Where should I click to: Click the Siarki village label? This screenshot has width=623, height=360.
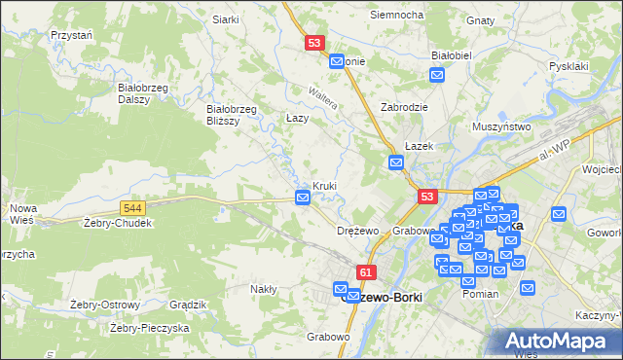pyautogui.click(x=225, y=18)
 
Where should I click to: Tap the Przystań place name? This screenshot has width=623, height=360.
pyautogui.click(x=70, y=34)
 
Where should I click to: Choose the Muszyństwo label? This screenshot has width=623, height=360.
pyautogui.click(x=500, y=126)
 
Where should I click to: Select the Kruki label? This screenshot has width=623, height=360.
pyautogui.click(x=325, y=185)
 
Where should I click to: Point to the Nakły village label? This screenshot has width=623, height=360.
pyautogui.click(x=264, y=289)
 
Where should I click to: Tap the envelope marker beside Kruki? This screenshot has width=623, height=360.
pyautogui.click(x=303, y=198)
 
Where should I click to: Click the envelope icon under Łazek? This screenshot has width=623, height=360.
pyautogui.click(x=396, y=162)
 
